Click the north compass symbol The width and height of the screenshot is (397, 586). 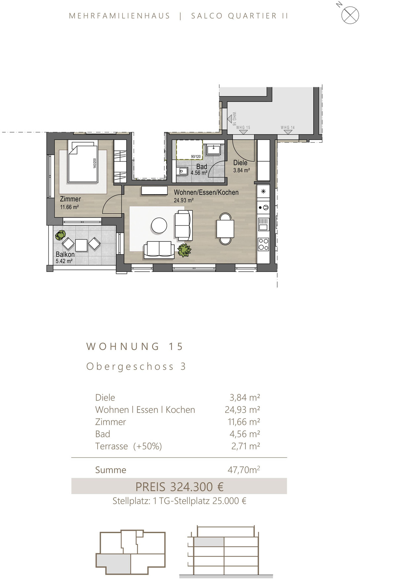350,15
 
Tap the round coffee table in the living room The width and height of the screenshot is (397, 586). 159,226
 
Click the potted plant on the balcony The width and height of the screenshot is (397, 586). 61,235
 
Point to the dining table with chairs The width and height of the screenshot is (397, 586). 225,229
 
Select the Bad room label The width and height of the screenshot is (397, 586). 201,167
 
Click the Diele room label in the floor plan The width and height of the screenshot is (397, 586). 240,163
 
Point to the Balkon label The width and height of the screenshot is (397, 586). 65,254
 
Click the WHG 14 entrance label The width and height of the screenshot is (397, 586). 287,127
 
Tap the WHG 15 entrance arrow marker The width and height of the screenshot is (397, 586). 243,132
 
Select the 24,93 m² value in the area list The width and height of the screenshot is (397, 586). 243,410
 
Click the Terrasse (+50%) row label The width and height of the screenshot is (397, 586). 128,446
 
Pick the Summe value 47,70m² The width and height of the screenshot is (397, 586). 244,470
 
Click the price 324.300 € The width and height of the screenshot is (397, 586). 197,487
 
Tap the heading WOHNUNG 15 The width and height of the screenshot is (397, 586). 135,347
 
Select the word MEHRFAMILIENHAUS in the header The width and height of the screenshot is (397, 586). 119,16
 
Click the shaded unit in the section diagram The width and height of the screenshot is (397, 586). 209,542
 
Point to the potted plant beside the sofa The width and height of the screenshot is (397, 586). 184,250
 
